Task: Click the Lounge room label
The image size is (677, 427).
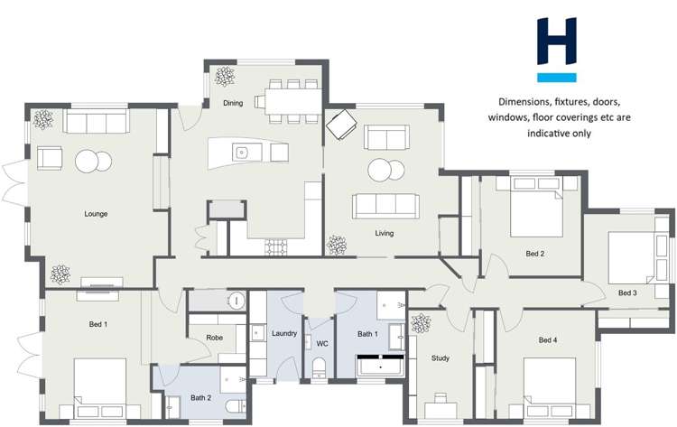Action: (x=96, y=214)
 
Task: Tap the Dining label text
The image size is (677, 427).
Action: (x=233, y=103)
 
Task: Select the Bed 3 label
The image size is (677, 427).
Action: (x=627, y=292)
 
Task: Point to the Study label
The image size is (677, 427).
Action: (x=441, y=358)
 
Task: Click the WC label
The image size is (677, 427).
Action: (x=321, y=343)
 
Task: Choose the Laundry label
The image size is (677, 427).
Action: (x=284, y=334)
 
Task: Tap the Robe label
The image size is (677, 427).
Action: (x=214, y=338)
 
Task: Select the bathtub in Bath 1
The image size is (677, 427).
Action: (x=384, y=367)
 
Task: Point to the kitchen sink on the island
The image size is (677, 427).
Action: (x=243, y=153)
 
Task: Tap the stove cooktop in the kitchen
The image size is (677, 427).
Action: (x=276, y=246)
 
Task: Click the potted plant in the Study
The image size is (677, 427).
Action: (x=420, y=322)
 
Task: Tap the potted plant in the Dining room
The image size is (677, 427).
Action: (x=225, y=75)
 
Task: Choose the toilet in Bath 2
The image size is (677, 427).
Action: (x=235, y=405)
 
